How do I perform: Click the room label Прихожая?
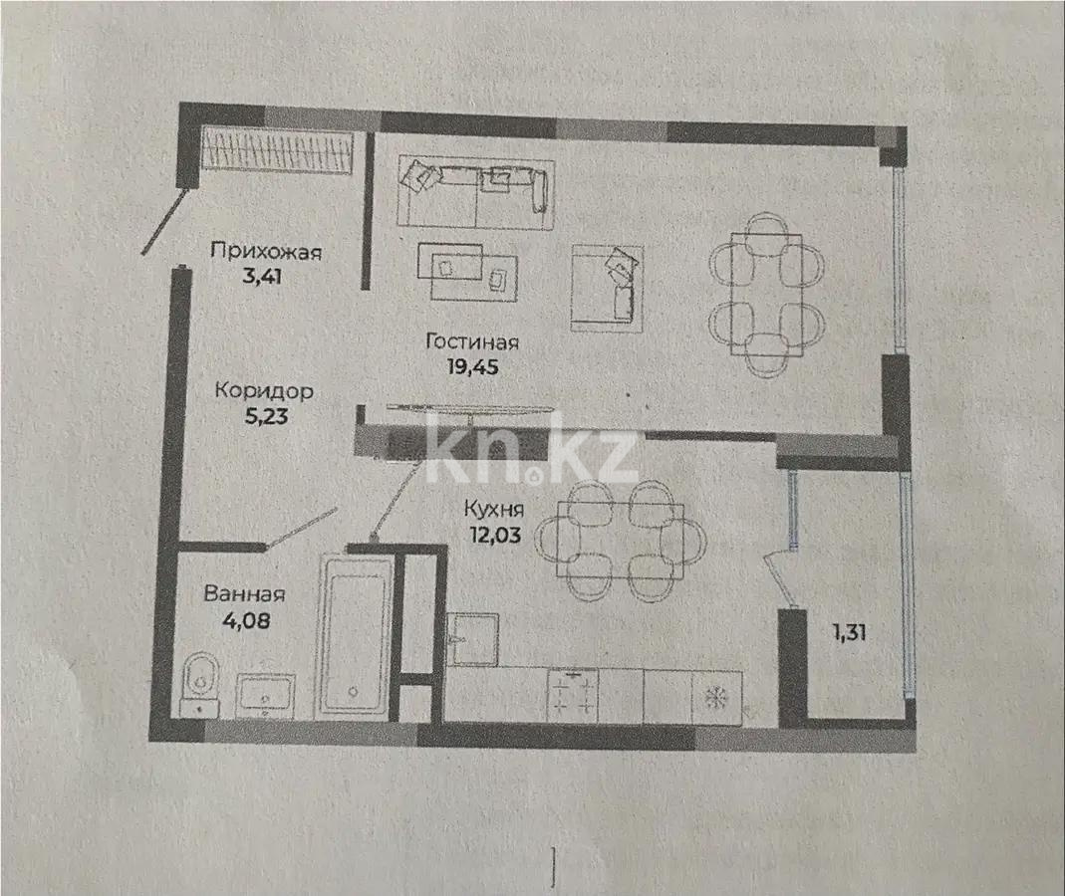point(266,251)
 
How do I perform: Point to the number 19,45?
point(472,366)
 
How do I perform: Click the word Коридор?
point(264,391)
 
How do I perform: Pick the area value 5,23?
point(265,416)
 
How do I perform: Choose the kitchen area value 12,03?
point(495,535)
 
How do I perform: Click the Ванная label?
point(244,595)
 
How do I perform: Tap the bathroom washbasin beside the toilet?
point(265,694)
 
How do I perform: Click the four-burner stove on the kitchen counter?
point(573,695)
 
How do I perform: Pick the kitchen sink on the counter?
point(472,638)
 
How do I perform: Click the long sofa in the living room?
point(474,190)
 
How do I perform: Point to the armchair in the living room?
point(606,288)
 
